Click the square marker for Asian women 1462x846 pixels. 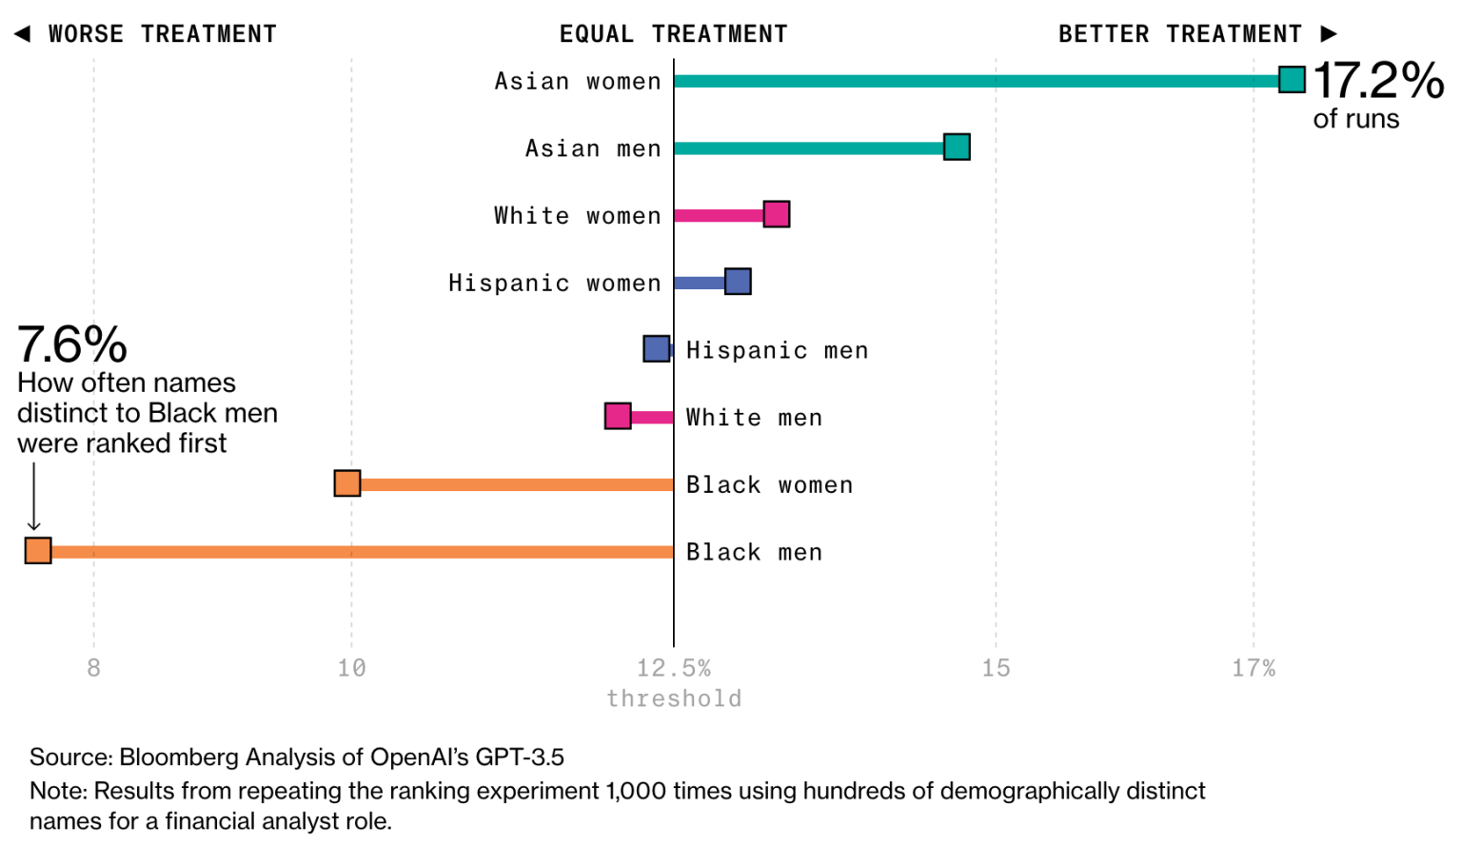click(1292, 80)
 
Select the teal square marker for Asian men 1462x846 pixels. click(957, 147)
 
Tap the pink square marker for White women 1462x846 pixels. click(777, 214)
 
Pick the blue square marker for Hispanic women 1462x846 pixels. click(738, 282)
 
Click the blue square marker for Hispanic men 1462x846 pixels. click(657, 348)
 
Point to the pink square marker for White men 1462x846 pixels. click(618, 416)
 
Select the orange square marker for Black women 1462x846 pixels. click(347, 483)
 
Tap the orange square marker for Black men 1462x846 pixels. click(38, 550)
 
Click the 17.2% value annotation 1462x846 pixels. click(1378, 80)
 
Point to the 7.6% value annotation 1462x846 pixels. click(72, 344)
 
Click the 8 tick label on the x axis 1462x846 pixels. click(93, 668)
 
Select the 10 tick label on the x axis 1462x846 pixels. click(351, 668)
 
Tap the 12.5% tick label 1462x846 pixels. click(674, 668)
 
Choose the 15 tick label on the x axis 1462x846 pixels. click(996, 668)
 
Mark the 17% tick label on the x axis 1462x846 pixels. click(1254, 668)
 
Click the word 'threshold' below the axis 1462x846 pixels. click(674, 698)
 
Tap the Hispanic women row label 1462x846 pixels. click(554, 283)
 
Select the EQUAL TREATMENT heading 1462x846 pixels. click(674, 34)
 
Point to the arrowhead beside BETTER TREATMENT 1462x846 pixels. click(1329, 34)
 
